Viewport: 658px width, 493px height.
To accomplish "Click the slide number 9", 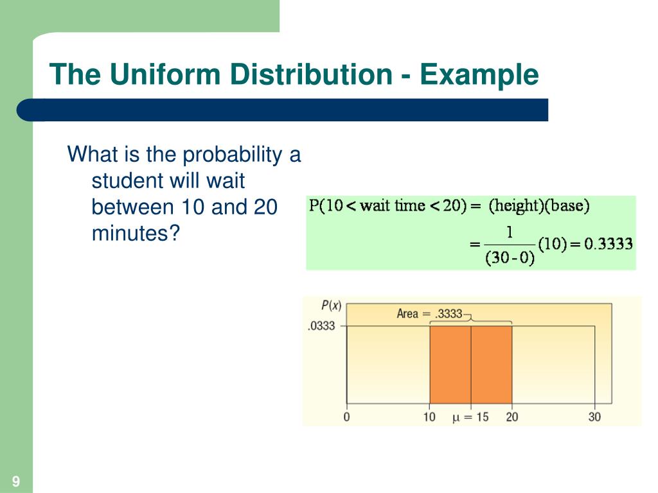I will tap(15, 481).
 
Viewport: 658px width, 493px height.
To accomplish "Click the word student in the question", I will tap(128, 181).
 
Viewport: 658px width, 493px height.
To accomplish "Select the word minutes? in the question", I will tap(134, 234).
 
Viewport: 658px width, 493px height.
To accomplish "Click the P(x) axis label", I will tap(331, 306).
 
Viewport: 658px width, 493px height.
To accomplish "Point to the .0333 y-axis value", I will tap(321, 326).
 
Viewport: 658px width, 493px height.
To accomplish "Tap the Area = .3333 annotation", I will tap(429, 314).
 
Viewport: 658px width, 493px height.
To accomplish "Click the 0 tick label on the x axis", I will tap(347, 417).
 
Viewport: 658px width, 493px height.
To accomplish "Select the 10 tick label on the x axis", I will tap(429, 417).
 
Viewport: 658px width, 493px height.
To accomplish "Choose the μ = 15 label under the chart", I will tap(470, 417).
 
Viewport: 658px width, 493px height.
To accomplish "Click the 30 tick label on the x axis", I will tap(594, 417).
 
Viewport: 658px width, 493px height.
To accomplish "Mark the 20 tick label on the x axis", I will tap(512, 417).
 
